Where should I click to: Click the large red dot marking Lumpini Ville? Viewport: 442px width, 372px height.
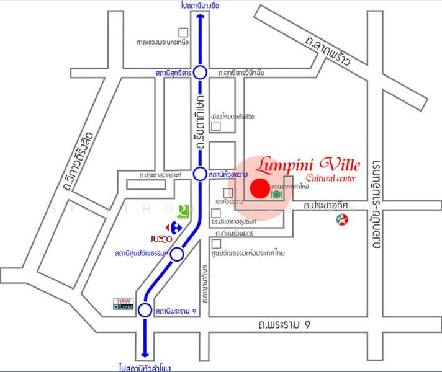tap(259, 188)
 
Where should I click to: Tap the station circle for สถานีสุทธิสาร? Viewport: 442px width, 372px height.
tap(200, 73)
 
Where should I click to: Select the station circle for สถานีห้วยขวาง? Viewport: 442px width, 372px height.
tap(200, 175)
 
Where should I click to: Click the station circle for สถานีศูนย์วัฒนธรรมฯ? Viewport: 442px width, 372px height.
tap(177, 254)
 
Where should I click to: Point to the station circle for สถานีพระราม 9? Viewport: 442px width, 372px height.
tap(145, 310)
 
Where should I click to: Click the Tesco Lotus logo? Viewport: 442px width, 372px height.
tap(123, 304)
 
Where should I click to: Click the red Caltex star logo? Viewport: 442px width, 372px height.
tap(341, 219)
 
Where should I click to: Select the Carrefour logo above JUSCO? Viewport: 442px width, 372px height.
tap(171, 226)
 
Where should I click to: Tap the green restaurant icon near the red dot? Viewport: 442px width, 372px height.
tap(276, 194)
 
